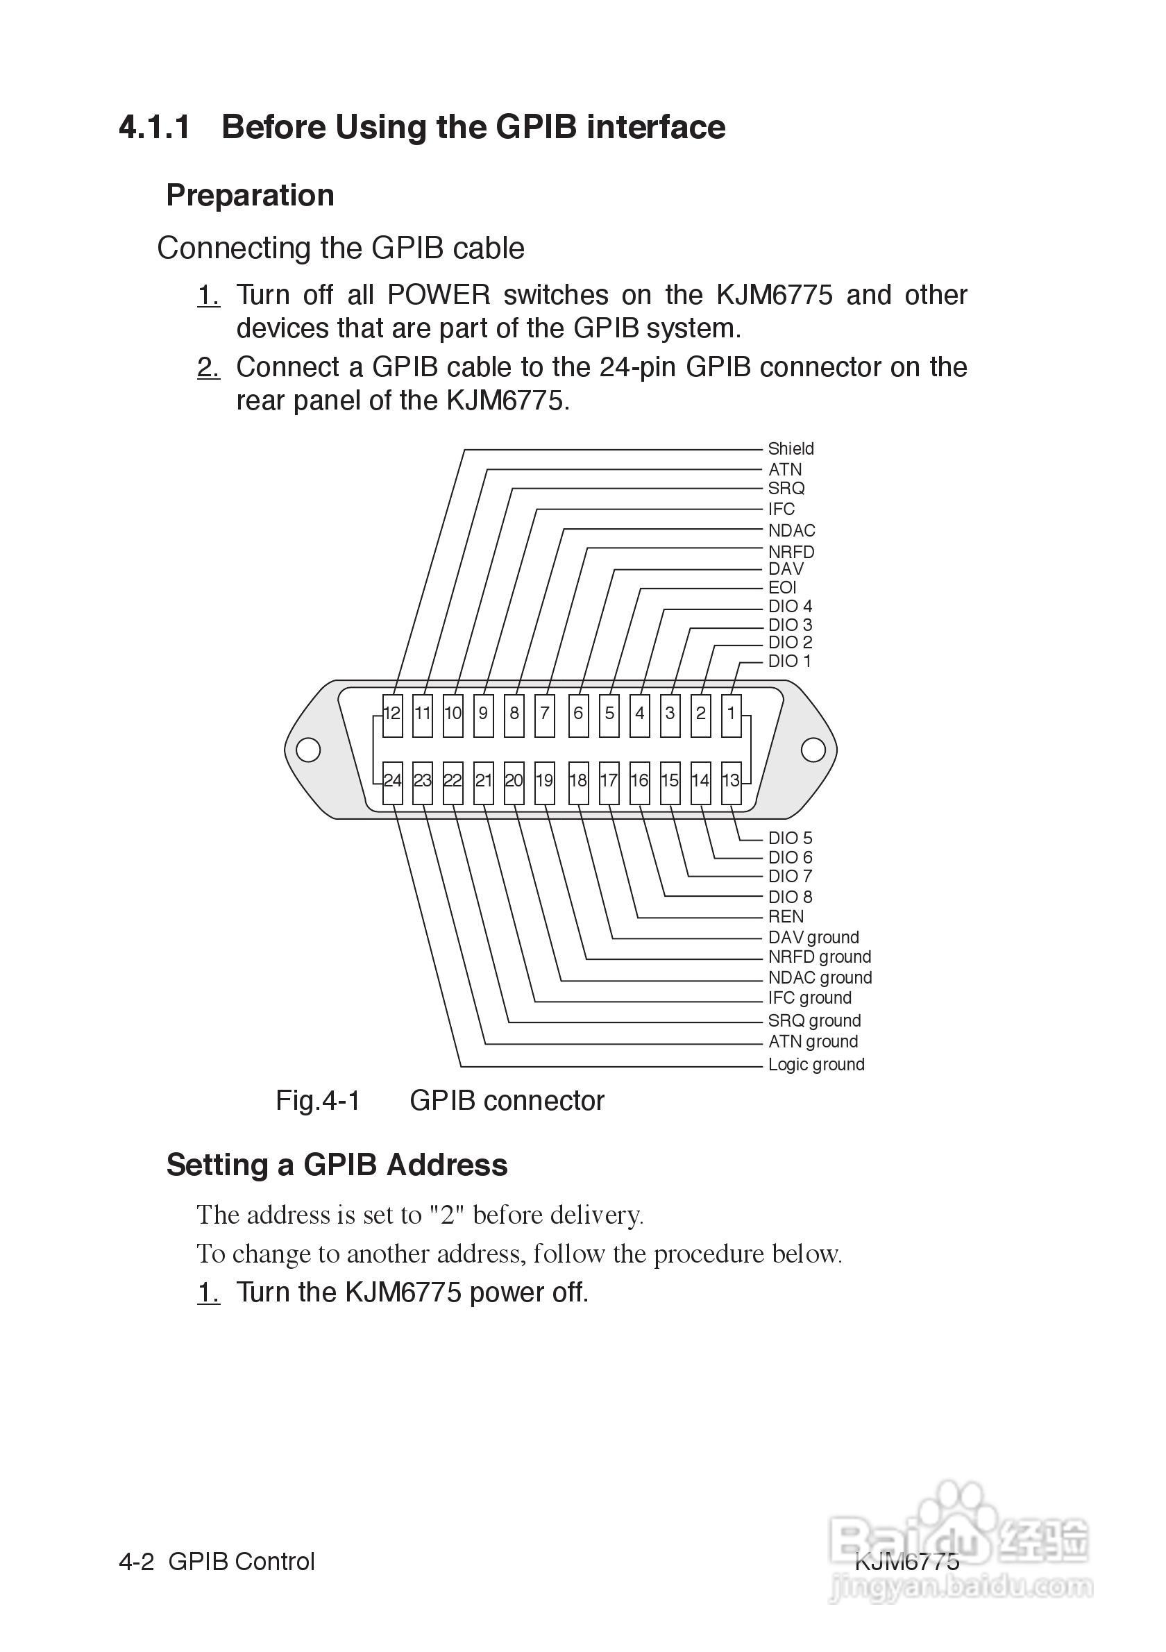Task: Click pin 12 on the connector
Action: click(x=392, y=714)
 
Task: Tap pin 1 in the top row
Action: click(x=732, y=714)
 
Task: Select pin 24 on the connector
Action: click(x=392, y=782)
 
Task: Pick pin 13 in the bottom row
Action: click(x=731, y=782)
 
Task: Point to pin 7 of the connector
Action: click(x=546, y=714)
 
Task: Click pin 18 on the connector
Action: click(x=578, y=782)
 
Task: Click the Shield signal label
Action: click(x=791, y=449)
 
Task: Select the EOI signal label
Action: click(x=782, y=588)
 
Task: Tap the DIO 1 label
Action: click(x=789, y=661)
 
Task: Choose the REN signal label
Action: click(x=786, y=917)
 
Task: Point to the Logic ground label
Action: click(x=816, y=1065)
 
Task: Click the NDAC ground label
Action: click(x=819, y=978)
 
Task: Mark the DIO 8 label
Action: click(x=790, y=897)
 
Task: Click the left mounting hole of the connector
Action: click(x=308, y=750)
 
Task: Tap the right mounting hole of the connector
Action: click(x=813, y=750)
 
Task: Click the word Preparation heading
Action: click(x=250, y=196)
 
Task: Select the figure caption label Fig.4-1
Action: click(x=318, y=1102)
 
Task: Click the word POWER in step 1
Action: click(x=439, y=295)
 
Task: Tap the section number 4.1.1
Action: click(x=155, y=127)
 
